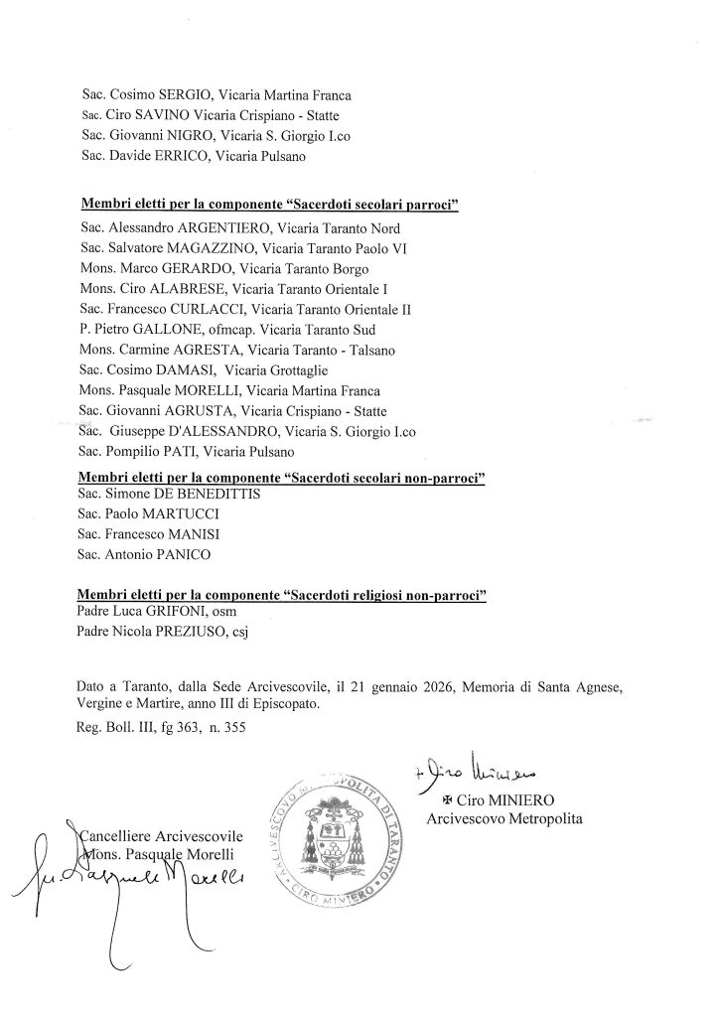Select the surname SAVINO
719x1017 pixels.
coord(151,115)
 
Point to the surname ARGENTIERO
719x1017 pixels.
coord(223,228)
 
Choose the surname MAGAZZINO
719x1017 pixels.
coord(212,247)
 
